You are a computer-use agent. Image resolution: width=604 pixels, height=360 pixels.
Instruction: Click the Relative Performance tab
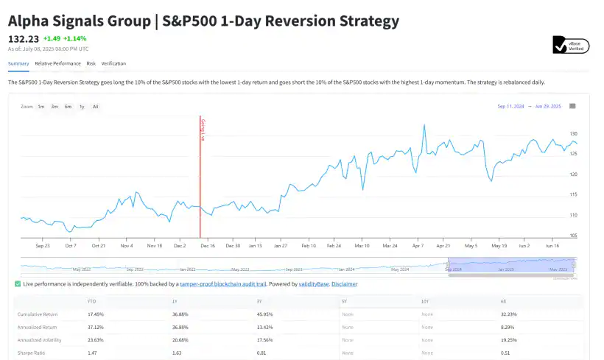(x=57, y=63)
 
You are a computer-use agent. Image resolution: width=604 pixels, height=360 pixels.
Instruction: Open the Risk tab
(x=91, y=63)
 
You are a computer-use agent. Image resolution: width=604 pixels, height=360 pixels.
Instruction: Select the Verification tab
(x=113, y=63)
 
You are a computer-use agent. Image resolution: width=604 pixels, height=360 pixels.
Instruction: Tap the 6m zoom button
(x=68, y=107)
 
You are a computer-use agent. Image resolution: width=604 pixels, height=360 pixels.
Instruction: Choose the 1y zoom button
(x=82, y=107)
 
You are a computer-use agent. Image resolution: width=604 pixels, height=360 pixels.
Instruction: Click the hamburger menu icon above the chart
(x=572, y=106)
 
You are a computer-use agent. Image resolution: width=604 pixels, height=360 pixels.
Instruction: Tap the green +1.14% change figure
(x=75, y=38)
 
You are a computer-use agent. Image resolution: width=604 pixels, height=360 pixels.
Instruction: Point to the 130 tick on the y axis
(x=575, y=134)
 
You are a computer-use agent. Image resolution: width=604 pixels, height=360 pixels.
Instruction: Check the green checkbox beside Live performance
(x=18, y=283)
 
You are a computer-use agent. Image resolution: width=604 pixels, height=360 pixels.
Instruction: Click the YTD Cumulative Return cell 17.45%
(x=97, y=314)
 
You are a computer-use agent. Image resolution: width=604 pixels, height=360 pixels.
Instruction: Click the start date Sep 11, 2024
(x=510, y=107)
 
